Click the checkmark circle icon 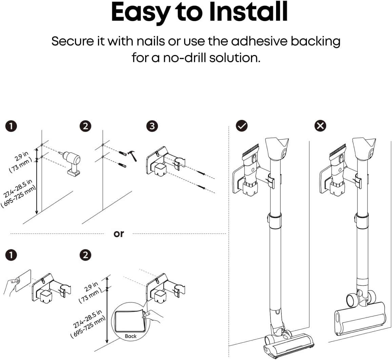[242, 126]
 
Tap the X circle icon [320, 126]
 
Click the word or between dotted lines [119, 234]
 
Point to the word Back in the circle [131, 336]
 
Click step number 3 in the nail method [152, 126]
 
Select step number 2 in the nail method [85, 126]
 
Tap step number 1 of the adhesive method [12, 255]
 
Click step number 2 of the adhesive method [85, 255]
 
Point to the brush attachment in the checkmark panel [250, 151]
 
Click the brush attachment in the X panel [338, 151]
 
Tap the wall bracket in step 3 [159, 163]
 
